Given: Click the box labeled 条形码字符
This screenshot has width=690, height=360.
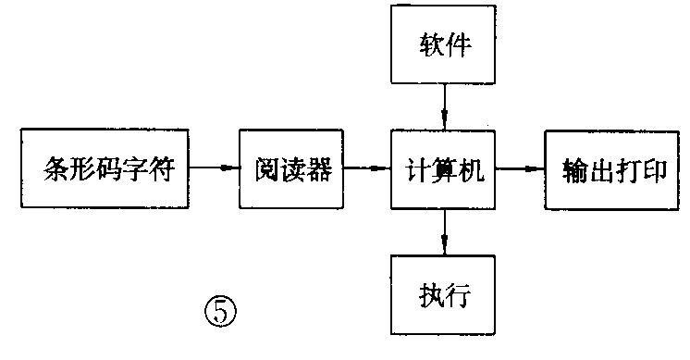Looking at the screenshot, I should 107,168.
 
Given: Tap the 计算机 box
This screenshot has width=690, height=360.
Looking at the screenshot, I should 445,168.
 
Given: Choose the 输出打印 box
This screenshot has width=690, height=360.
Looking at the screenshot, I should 612,168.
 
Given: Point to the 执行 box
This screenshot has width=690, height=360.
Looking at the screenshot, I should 445,295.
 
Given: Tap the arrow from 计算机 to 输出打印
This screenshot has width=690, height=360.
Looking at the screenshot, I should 520,168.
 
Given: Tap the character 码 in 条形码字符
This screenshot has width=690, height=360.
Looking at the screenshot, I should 107,169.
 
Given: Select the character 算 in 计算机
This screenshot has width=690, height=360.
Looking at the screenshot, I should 445,169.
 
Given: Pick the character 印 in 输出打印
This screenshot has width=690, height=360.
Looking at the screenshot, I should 653,169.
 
